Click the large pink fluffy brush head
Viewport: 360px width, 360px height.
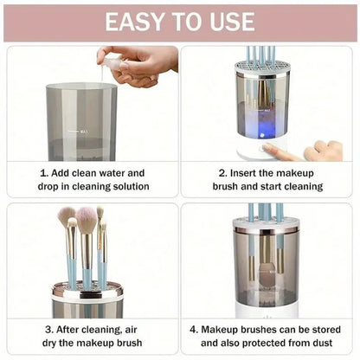point(87,221)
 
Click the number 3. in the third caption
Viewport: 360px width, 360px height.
point(49,330)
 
